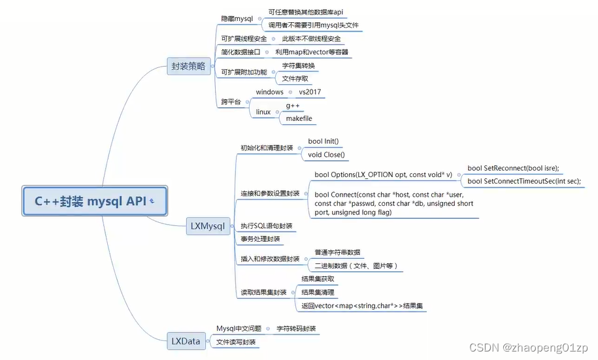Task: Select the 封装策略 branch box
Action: click(188, 66)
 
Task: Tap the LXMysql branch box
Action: click(207, 227)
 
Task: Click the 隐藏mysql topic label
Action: click(237, 18)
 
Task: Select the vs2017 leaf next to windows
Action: click(310, 92)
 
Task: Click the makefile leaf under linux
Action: click(299, 118)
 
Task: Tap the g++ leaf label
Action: click(292, 105)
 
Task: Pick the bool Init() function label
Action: click(324, 141)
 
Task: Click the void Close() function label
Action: click(325, 155)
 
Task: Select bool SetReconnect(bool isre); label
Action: click(513, 168)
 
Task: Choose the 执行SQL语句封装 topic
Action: click(266, 225)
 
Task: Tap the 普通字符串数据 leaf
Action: click(337, 252)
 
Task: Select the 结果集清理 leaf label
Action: click(318, 292)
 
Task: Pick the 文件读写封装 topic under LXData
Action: click(236, 342)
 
